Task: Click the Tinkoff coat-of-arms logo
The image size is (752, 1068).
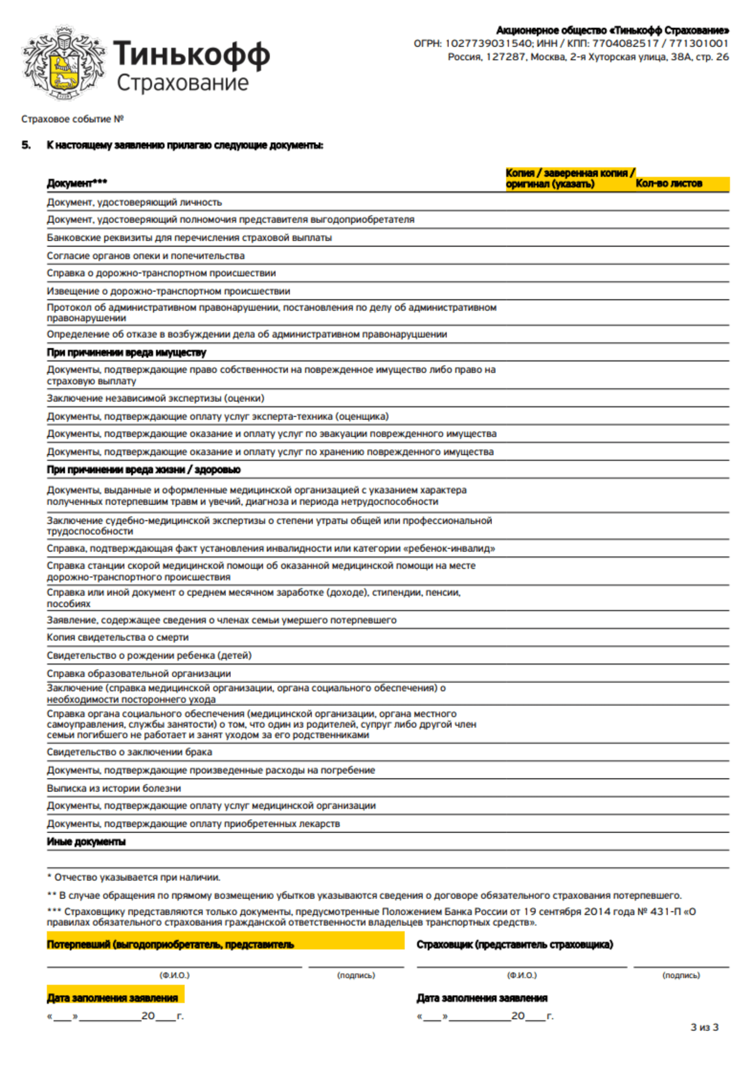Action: pyautogui.click(x=63, y=63)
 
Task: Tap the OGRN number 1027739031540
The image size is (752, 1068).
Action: pyautogui.click(x=487, y=44)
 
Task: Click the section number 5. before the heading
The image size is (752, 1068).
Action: pyautogui.click(x=26, y=145)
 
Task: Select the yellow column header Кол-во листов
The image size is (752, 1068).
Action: pyautogui.click(x=668, y=184)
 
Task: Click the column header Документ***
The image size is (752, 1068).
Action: pyautogui.click(x=77, y=183)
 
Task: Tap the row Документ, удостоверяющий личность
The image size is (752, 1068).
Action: pyautogui.click(x=134, y=202)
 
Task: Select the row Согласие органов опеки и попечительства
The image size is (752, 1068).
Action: pyautogui.click(x=145, y=256)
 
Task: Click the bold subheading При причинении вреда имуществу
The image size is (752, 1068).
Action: pyautogui.click(x=126, y=352)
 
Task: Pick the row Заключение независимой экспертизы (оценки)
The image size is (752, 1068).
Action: pyautogui.click(x=155, y=398)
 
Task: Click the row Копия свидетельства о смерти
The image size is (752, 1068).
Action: pyautogui.click(x=117, y=637)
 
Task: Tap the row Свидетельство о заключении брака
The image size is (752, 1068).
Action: pyautogui.click(x=129, y=752)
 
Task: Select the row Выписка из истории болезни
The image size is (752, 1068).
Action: pyautogui.click(x=113, y=788)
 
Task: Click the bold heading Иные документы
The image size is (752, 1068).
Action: pyautogui.click(x=86, y=842)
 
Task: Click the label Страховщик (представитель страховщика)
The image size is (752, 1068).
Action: pyautogui.click(x=514, y=944)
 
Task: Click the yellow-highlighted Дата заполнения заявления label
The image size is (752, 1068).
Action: pyautogui.click(x=112, y=998)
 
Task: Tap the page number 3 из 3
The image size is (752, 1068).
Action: pyautogui.click(x=704, y=1027)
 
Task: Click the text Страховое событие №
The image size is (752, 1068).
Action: pyautogui.click(x=72, y=119)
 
